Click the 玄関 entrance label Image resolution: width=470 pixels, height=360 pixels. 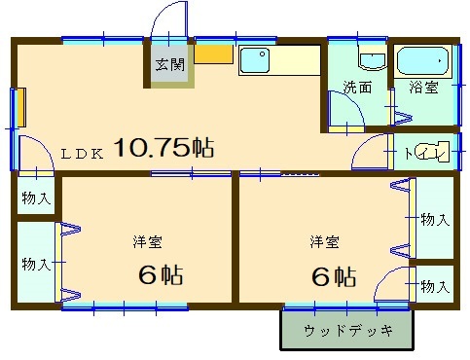pos(169,64)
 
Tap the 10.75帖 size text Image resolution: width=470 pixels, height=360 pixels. pos(164,148)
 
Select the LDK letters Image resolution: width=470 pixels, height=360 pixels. pos(83,154)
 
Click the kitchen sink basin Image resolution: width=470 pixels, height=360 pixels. pos(255,60)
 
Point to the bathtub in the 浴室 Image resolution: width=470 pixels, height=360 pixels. pos(422,61)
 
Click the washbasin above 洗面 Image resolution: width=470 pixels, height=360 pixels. pos(373,60)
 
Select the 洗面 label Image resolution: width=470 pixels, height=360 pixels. pos(358,88)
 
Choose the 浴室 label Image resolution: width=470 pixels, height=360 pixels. pos(423,87)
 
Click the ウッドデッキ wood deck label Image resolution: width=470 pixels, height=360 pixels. pos(348,331)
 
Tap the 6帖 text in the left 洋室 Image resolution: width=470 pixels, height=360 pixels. pos(161,275)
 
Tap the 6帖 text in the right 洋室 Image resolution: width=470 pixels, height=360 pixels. pos(334,276)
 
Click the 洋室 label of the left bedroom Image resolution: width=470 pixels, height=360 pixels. pos(148,242)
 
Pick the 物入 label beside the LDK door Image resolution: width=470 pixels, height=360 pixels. pos(36,198)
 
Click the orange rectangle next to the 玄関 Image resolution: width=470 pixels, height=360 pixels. pos(213,54)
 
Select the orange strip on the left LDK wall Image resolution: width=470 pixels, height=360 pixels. pos(21,107)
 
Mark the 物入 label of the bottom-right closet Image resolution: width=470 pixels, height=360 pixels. pos(435,287)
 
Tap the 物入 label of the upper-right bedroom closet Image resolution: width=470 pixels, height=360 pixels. pos(435,220)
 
